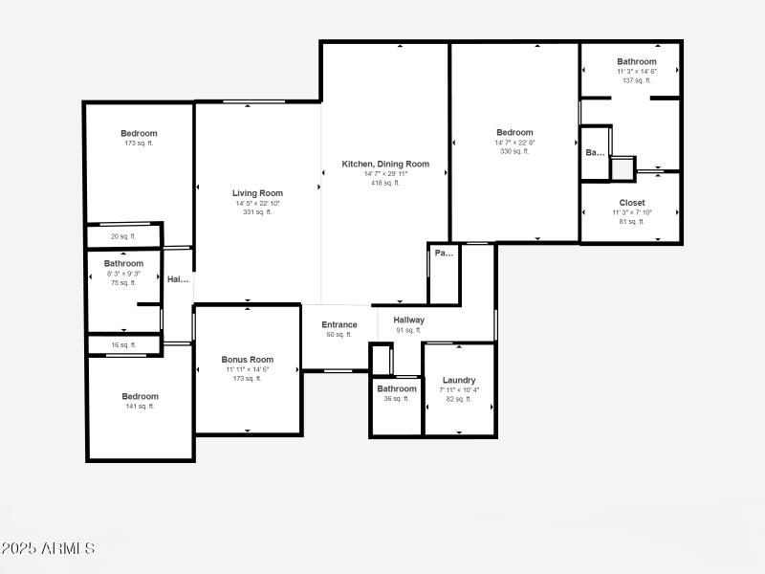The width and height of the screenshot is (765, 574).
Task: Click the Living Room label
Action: (257, 193)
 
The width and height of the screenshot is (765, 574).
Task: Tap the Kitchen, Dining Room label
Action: (385, 165)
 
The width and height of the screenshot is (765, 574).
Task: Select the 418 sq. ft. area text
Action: (385, 183)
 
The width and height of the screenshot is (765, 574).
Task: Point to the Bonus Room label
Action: (248, 360)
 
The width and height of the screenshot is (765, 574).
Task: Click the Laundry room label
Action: (459, 380)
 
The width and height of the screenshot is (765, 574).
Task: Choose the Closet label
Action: (632, 203)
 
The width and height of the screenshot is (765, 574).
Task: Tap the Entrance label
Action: (339, 325)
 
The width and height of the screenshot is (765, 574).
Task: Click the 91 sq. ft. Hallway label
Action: (408, 320)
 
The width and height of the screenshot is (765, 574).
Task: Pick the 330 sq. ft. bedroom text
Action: (514, 151)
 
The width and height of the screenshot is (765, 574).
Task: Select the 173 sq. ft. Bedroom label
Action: (139, 134)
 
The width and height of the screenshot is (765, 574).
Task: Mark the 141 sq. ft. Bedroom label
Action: (140, 396)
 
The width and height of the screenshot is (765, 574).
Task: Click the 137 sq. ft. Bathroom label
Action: (636, 62)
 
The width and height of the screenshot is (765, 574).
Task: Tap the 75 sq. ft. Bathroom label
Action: (123, 264)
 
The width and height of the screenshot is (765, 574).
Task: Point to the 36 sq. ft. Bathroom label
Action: (396, 389)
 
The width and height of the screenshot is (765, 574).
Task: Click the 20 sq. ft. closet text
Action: (123, 236)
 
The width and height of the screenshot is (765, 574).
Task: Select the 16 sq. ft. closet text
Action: (123, 344)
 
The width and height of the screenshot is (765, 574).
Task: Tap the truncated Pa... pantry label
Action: (444, 254)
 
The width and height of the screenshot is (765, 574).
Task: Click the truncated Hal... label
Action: (178, 280)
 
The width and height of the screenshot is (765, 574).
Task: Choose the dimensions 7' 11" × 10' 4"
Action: (459, 389)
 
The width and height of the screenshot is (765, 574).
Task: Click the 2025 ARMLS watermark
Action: (48, 548)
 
